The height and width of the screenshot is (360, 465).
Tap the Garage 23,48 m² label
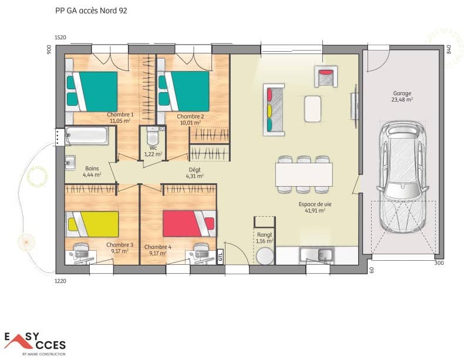click(x=402, y=96)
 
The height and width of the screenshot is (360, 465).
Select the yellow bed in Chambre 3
click(x=93, y=223)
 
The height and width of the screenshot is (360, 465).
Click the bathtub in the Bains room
click(x=87, y=137)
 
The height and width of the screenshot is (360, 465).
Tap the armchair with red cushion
click(x=326, y=77)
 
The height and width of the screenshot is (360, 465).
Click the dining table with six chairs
click(x=304, y=174)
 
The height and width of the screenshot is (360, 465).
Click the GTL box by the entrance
click(x=220, y=257)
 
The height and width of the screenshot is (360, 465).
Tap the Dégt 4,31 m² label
click(x=194, y=172)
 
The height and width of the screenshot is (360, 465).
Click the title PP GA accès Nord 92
click(x=90, y=11)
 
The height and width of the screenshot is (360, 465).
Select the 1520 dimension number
click(x=60, y=38)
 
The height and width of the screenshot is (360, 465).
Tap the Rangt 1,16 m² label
click(x=265, y=238)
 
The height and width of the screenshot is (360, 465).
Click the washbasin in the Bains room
click(x=70, y=162)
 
